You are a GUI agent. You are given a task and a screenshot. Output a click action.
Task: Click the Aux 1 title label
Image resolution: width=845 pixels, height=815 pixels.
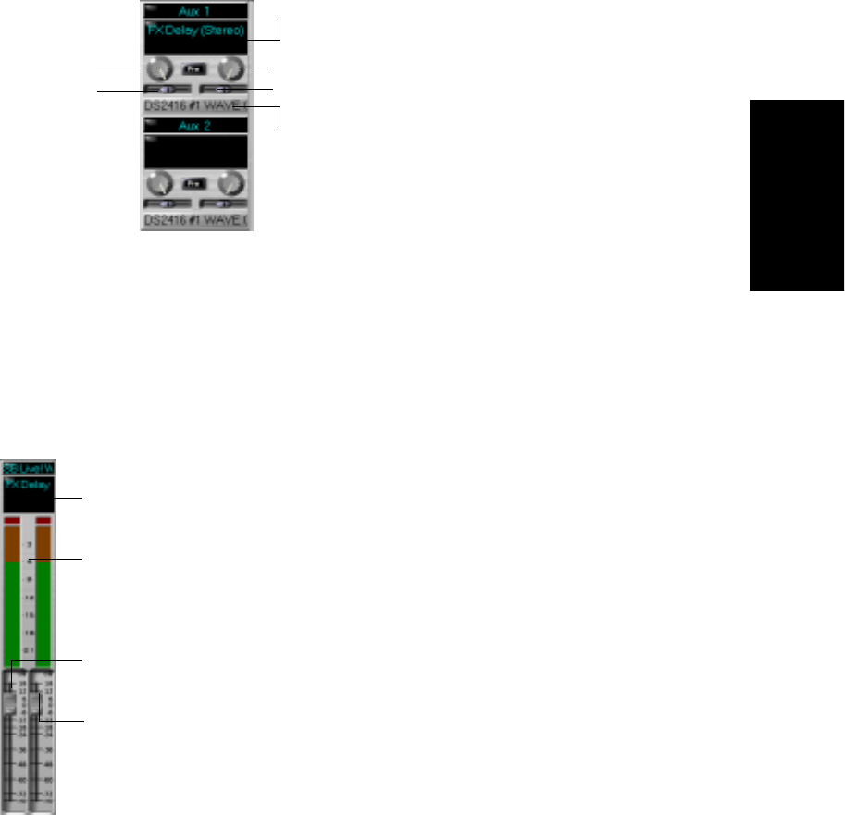coord(195,10)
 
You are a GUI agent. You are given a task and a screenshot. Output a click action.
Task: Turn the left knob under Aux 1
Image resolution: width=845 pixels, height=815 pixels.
coord(159,68)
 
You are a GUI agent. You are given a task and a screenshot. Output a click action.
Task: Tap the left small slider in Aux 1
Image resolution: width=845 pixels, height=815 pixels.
coord(167,89)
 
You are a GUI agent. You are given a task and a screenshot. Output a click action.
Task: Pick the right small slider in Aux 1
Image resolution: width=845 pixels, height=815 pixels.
coord(222,89)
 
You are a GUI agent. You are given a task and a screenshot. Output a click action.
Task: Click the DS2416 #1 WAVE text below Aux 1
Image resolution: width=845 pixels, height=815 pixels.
coord(195,107)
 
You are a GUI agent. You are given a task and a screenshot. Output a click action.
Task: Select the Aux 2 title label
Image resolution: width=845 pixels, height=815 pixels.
coord(195,125)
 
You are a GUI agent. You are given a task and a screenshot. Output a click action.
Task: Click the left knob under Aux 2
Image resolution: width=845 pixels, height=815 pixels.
coord(159,182)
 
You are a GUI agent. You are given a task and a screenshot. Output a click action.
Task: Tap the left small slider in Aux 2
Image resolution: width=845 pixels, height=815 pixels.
coord(167,203)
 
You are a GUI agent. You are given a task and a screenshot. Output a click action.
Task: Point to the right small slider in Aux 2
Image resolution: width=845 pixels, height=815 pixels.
coord(222,203)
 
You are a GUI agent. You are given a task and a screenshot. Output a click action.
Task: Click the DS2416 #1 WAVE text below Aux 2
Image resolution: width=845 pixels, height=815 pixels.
coord(195,220)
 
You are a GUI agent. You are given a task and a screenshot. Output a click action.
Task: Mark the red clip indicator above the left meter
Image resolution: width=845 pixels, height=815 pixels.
coord(12,522)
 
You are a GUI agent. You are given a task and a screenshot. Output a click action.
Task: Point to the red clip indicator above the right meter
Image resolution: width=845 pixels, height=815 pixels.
coord(43,522)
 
